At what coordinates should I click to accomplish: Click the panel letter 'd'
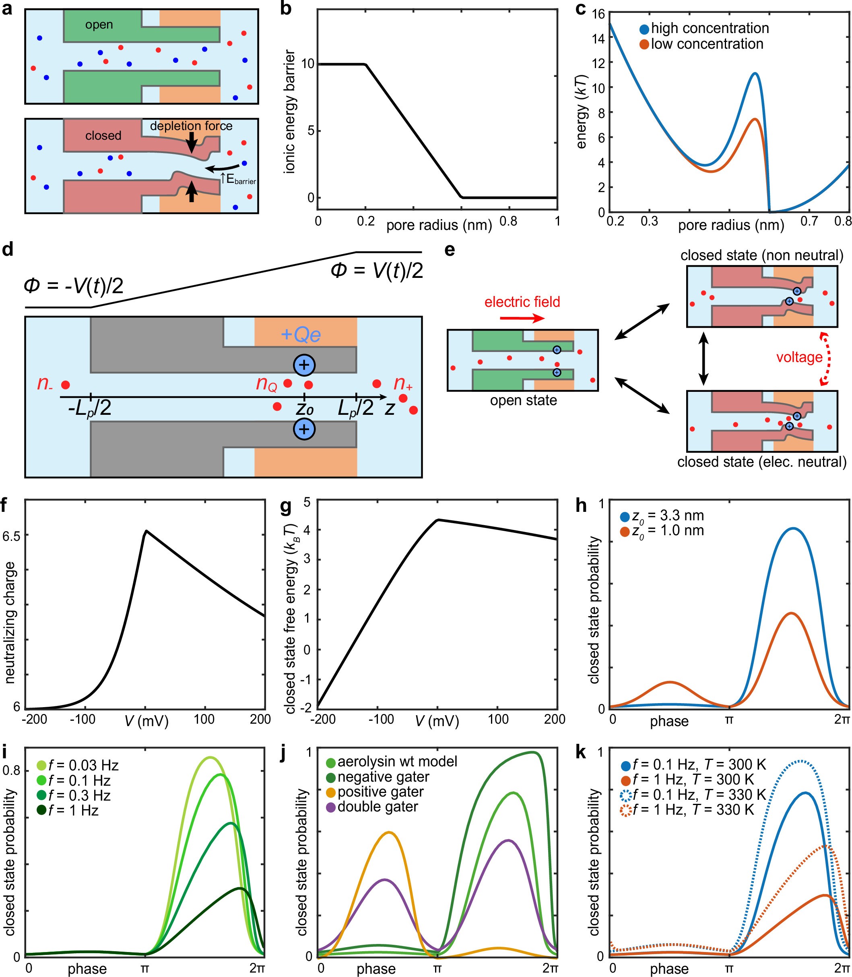[x=8, y=249]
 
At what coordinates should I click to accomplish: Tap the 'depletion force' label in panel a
[x=191, y=126]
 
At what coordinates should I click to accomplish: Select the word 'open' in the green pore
[x=99, y=25]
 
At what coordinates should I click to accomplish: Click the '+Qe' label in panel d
[x=301, y=334]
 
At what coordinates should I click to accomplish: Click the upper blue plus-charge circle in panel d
[x=304, y=365]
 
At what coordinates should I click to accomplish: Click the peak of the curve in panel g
[x=439, y=520]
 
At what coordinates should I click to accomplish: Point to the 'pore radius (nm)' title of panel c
[x=731, y=225]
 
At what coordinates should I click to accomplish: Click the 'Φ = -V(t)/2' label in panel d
[x=74, y=286]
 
